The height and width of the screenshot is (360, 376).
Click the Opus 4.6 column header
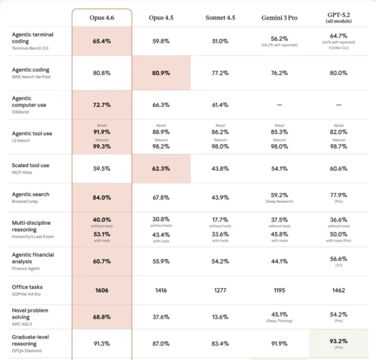pos(102,17)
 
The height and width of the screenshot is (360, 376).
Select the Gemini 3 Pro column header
pos(280,17)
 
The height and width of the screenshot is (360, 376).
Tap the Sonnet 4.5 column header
pos(221,17)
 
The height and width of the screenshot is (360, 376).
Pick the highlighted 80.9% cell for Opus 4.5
pos(161,73)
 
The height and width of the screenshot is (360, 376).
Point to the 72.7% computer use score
pos(102,105)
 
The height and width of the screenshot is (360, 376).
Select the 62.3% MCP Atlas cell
pos(161,168)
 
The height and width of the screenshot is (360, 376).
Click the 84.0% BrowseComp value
pos(102,198)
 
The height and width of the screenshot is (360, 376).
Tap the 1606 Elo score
pos(102,291)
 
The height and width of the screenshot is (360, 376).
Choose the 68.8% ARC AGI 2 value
pos(102,317)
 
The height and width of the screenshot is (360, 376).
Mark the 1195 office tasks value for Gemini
pos(280,291)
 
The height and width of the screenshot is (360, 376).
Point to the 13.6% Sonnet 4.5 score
pos(221,317)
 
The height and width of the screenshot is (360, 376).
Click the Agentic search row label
pos(31,194)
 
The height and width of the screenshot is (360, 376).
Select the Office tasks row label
pos(28,287)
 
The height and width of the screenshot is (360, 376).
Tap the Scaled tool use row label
pos(31,165)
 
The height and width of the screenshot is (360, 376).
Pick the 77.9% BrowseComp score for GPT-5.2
pos(339,195)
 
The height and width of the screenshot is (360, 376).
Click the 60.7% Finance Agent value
pos(102,261)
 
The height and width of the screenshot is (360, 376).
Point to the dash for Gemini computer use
pos(280,105)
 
